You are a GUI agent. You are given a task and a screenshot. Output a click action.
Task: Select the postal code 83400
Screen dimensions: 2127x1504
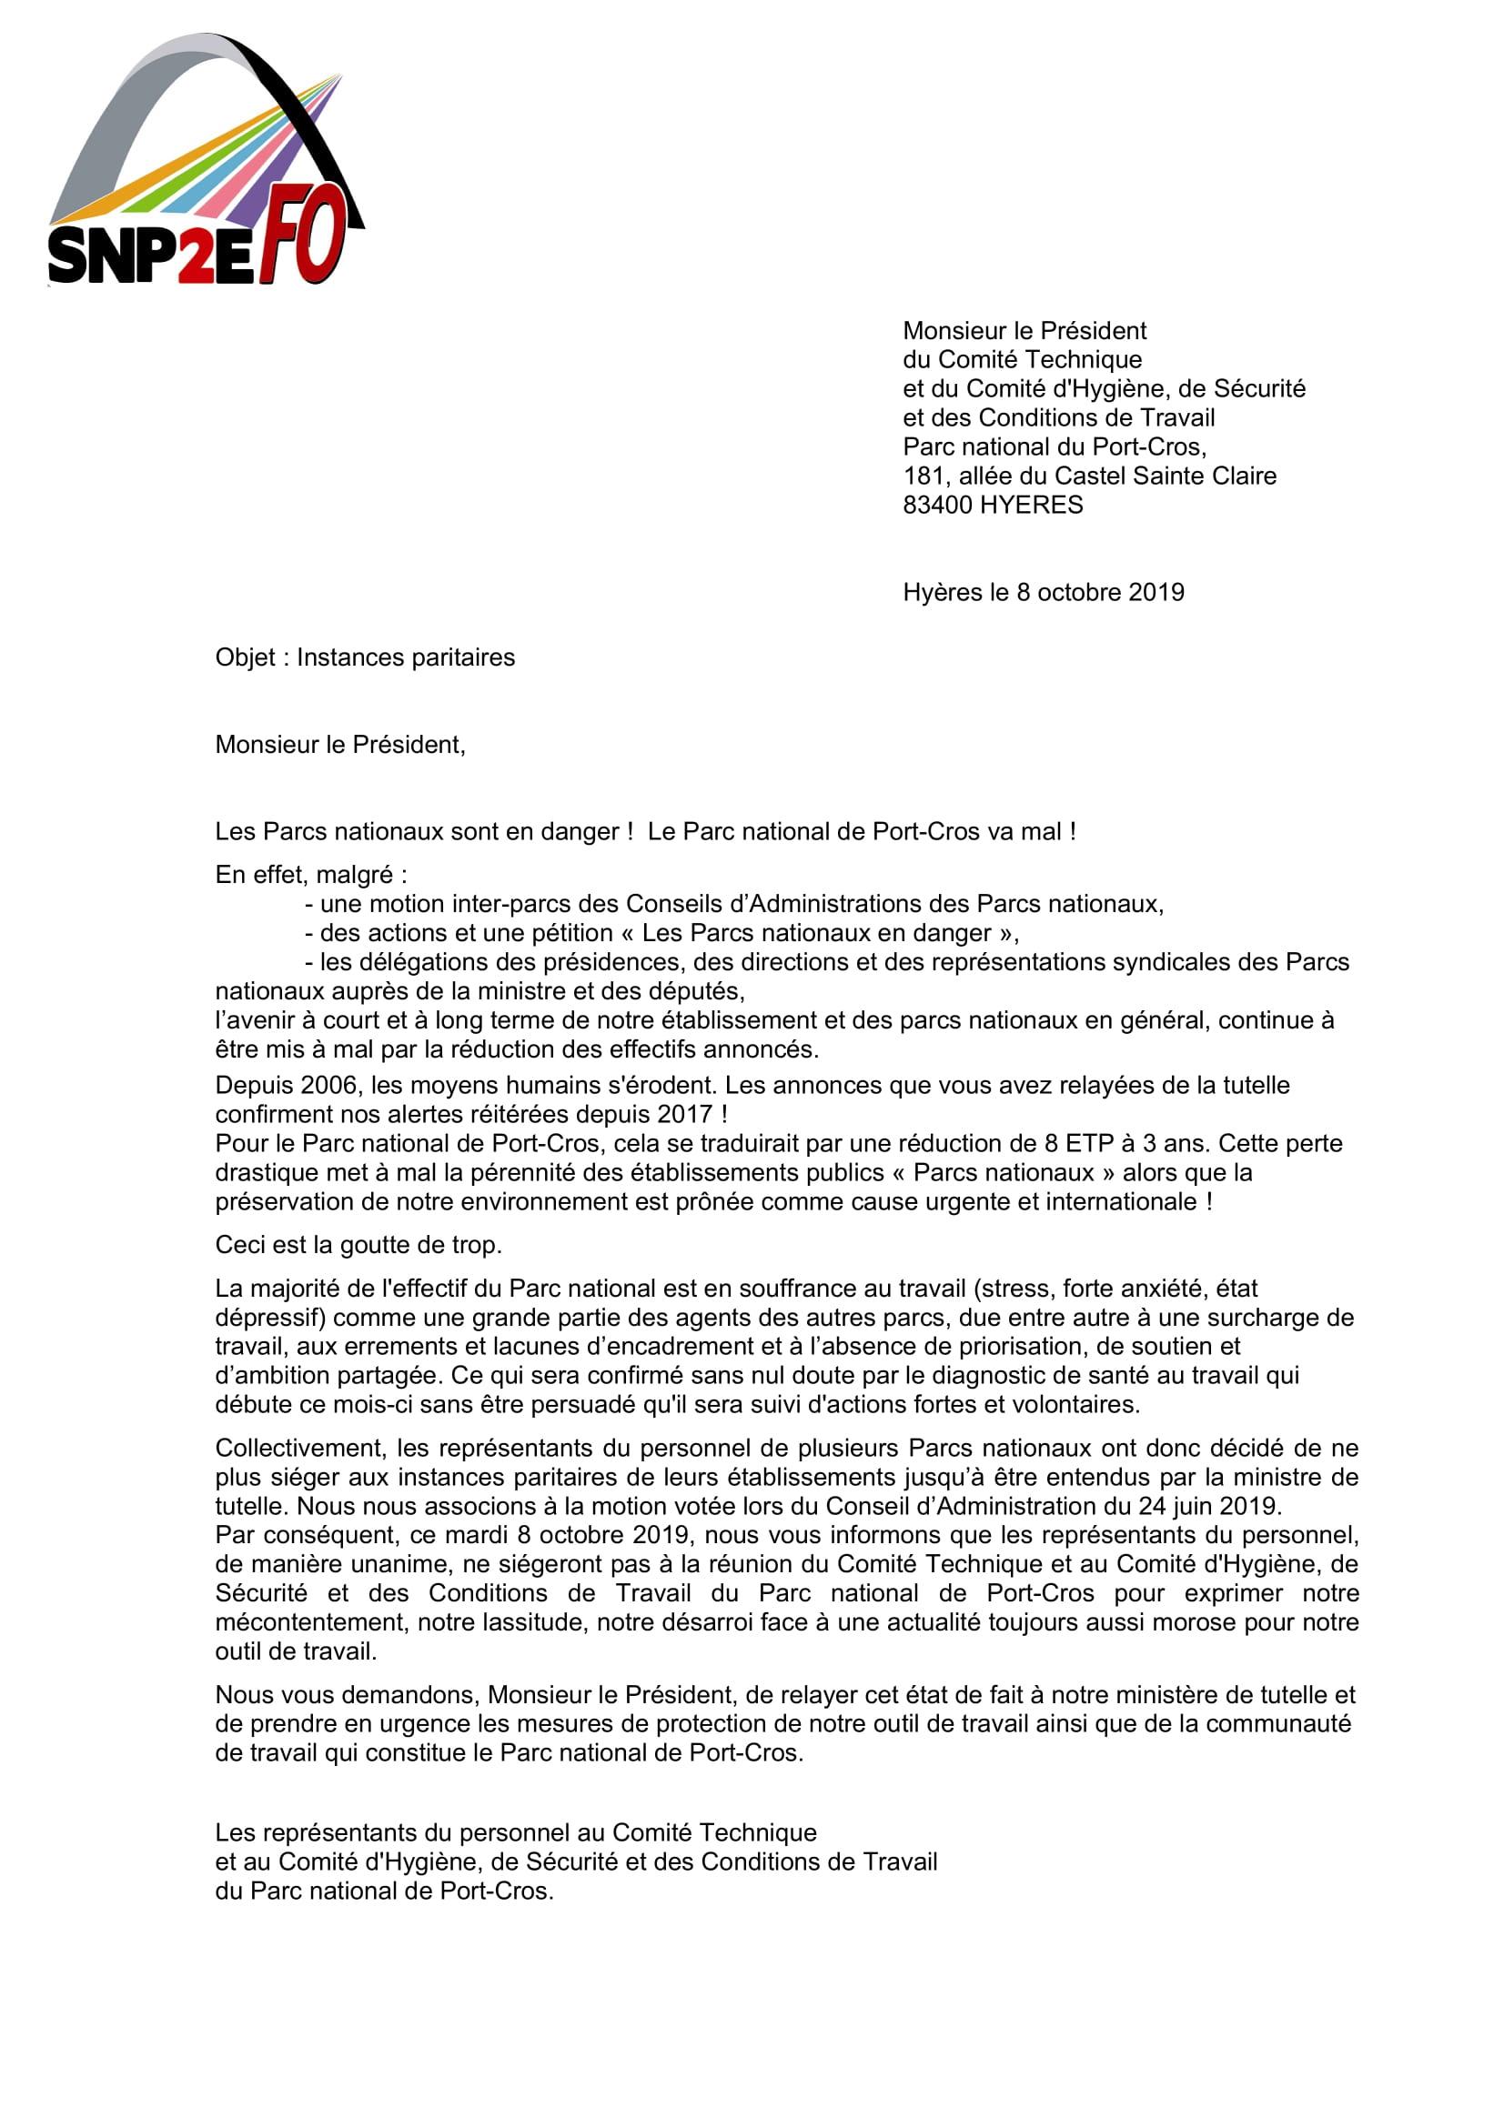click(938, 506)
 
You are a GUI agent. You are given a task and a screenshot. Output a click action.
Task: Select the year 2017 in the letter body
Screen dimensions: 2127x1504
click(681, 1115)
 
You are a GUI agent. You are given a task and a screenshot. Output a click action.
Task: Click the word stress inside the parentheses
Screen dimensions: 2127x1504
click(1025, 1289)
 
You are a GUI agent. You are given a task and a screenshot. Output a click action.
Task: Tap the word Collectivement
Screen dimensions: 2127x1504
click(300, 1448)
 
